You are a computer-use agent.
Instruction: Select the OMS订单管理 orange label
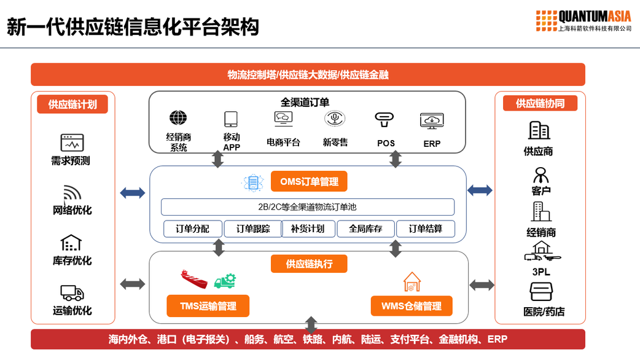[x=309, y=181]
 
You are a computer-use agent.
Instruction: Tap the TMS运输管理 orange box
[x=208, y=306]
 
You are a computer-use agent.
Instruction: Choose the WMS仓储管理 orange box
[x=412, y=306]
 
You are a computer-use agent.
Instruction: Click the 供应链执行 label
[x=309, y=264]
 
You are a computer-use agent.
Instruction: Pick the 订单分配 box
[x=192, y=229]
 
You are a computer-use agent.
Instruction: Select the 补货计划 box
[x=309, y=229]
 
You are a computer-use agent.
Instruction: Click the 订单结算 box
[x=426, y=229]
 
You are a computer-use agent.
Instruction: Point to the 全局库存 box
[x=366, y=229]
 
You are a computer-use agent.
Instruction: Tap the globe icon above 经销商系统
[x=179, y=117]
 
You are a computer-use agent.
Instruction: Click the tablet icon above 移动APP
[x=231, y=119]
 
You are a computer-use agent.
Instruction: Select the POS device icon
[x=386, y=119]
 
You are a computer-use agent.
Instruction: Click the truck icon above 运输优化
[x=72, y=292]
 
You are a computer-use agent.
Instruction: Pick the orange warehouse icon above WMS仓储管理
[x=412, y=281]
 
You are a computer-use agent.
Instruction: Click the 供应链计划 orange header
[x=72, y=104]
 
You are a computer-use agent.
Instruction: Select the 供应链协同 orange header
[x=540, y=103]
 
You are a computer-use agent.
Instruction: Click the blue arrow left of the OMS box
[x=133, y=193]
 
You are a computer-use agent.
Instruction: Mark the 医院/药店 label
[x=544, y=312]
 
